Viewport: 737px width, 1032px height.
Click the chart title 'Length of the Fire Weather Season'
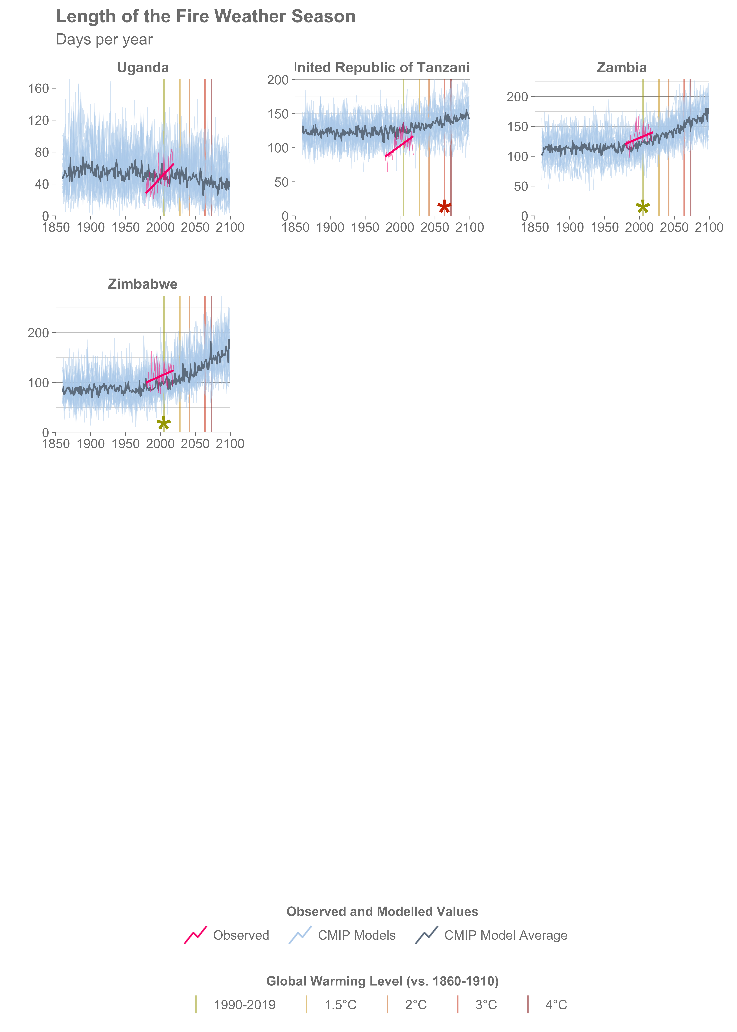point(206,17)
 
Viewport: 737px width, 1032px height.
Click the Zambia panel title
point(621,68)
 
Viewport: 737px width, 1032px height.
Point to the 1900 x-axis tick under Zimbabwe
point(91,444)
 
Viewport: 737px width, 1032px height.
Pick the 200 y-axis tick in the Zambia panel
point(517,97)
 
